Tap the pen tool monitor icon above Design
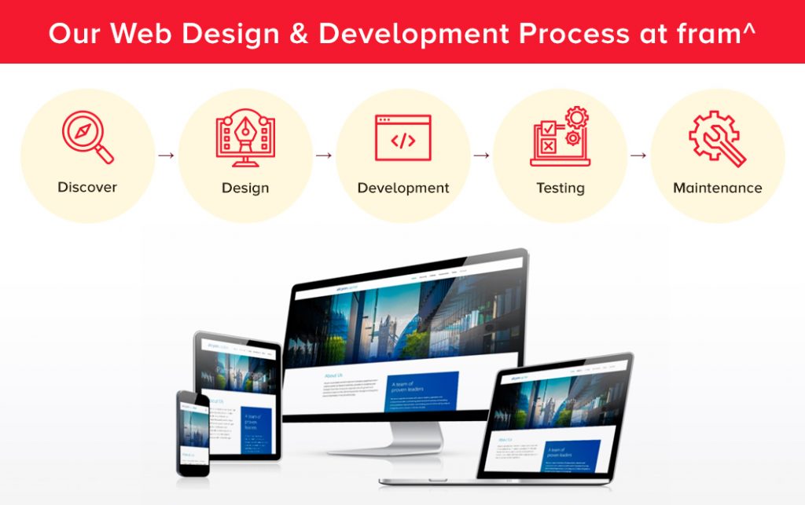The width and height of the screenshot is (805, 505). [245, 137]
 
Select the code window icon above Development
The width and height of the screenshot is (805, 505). [402, 138]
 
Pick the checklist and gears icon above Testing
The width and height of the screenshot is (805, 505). [561, 137]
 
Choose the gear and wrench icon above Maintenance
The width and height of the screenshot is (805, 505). [717, 138]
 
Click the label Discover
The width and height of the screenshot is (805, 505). [87, 188]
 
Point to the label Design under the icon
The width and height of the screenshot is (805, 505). [245, 188]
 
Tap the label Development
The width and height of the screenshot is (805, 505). [403, 188]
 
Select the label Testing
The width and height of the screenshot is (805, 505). [561, 188]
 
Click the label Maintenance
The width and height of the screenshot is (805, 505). [718, 188]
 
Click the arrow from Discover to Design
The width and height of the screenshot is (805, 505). [166, 156]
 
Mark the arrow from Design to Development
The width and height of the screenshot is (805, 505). [324, 156]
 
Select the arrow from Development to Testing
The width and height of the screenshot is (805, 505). [481, 156]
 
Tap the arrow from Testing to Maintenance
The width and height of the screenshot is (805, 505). [638, 156]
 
